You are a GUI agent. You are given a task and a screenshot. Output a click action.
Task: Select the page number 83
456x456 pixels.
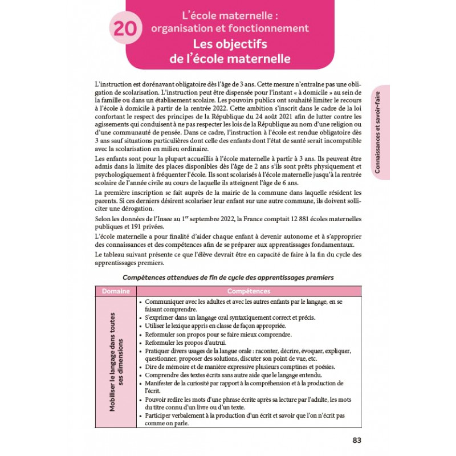tap(357, 440)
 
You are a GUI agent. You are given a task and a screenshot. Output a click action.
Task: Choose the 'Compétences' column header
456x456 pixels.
tap(248, 291)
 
